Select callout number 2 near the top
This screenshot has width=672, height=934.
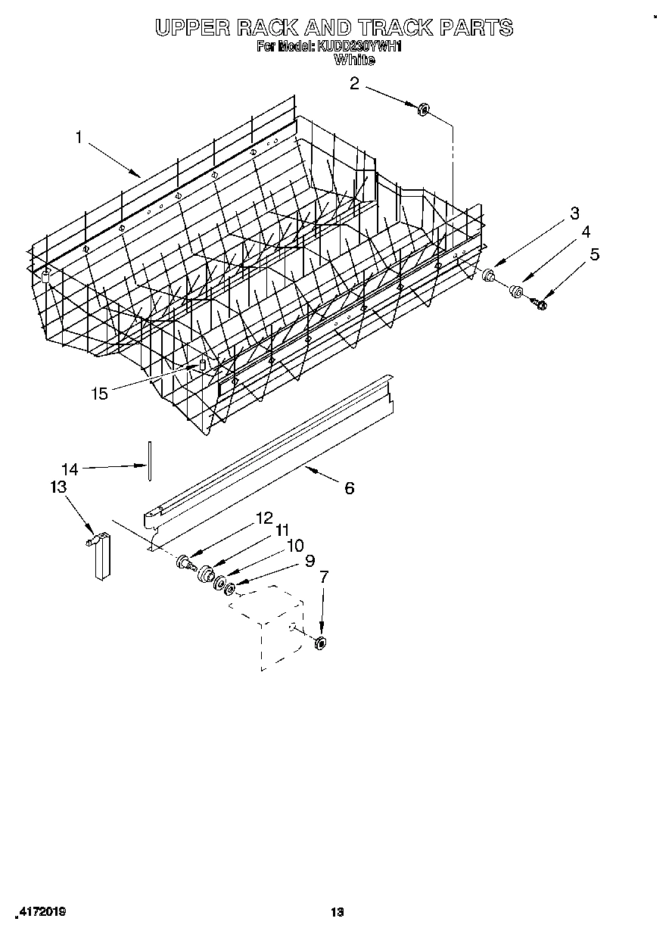[354, 83]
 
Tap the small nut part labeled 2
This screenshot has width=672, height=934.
[423, 110]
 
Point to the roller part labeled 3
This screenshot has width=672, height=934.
[490, 275]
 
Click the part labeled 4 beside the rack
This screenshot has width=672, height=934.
[516, 291]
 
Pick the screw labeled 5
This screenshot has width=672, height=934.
[540, 304]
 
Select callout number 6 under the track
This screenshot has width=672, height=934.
[349, 488]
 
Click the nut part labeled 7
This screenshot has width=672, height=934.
[320, 643]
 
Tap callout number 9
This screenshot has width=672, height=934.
[309, 561]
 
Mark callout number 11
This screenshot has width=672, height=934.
[282, 531]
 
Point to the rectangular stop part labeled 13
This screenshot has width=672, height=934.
[101, 556]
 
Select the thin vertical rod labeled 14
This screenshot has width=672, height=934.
[151, 459]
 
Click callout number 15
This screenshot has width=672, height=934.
[99, 393]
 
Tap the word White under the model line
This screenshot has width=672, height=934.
[354, 61]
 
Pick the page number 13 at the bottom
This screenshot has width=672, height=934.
[338, 912]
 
